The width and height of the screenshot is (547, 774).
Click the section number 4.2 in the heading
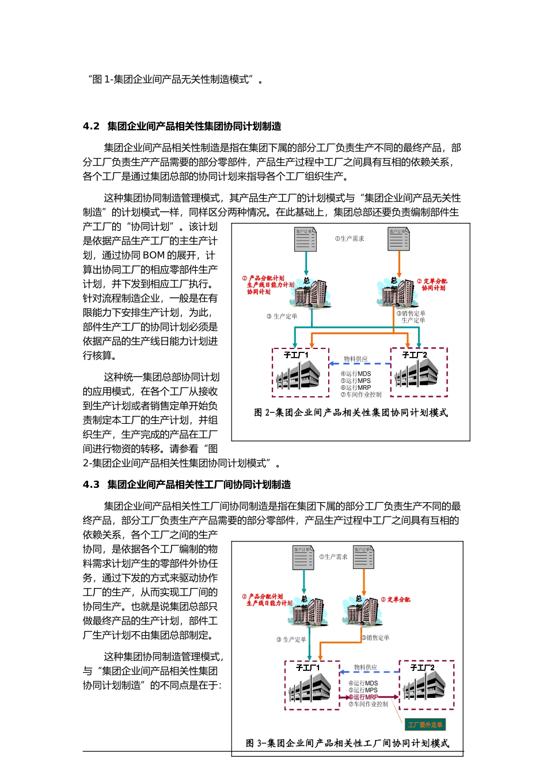(x=91, y=127)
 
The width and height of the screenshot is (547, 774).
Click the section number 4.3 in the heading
(x=91, y=485)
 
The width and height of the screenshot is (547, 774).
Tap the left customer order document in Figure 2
(x=306, y=240)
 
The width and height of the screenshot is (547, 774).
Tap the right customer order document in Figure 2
(x=399, y=240)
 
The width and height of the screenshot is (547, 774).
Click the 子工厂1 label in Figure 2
(x=296, y=355)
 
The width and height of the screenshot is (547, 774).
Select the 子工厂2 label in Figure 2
(x=415, y=355)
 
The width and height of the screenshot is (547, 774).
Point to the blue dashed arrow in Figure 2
(x=360, y=364)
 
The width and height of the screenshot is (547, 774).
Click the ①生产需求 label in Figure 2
(x=350, y=239)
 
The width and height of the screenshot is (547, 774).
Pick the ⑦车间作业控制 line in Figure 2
(x=361, y=395)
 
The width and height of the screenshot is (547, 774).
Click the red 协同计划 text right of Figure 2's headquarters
(x=433, y=288)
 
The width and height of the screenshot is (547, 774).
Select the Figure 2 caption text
(x=351, y=413)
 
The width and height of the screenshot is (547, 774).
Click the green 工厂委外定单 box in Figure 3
(x=425, y=724)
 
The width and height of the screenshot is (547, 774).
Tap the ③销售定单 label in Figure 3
(x=375, y=638)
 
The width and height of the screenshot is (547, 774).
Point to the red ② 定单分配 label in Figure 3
(x=396, y=600)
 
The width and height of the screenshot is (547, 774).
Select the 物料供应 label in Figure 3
(x=365, y=667)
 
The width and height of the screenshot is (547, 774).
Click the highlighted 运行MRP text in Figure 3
(x=365, y=697)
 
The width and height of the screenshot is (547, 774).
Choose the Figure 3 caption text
(x=347, y=743)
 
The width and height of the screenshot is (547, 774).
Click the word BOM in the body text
(x=154, y=256)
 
